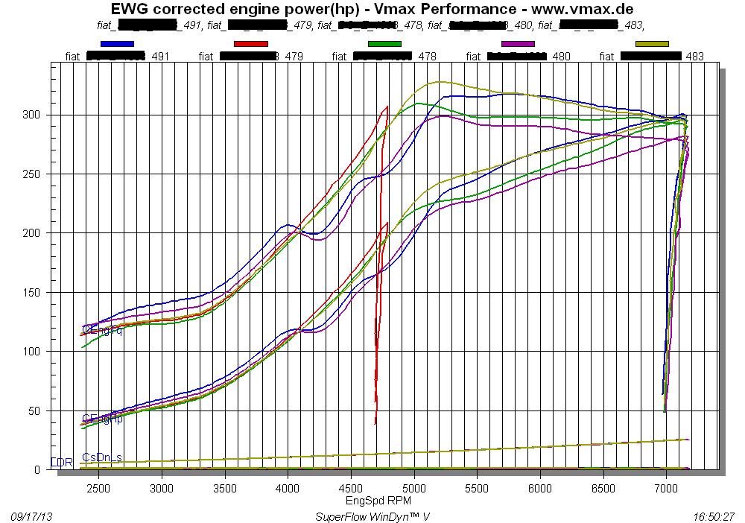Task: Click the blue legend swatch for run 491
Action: point(116,44)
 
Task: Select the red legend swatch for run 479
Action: point(250,44)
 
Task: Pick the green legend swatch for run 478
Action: point(384,44)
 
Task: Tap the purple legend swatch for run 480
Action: point(519,44)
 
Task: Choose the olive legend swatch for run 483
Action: point(652,44)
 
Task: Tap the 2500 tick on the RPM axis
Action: point(99,488)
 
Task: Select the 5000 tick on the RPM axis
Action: point(414,488)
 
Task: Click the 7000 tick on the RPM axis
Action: point(666,488)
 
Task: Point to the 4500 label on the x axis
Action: point(351,488)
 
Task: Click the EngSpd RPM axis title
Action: point(378,500)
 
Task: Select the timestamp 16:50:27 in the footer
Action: point(712,516)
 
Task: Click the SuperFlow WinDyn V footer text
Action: point(372,516)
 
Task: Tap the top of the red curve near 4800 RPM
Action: point(387,106)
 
